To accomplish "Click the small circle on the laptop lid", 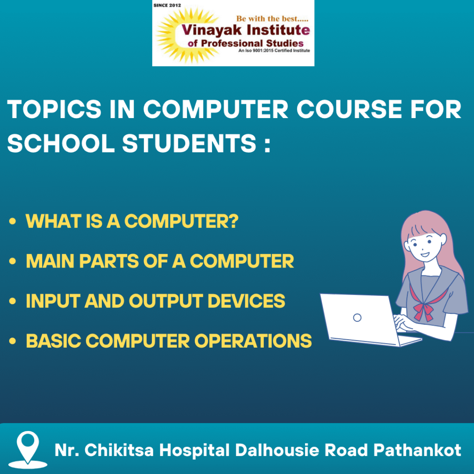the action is (x=357, y=318).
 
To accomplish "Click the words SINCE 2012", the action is (x=167, y=5).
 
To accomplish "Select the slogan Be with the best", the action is (x=272, y=19).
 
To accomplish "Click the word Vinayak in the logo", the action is (x=212, y=30).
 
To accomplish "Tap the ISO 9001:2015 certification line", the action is (x=274, y=50).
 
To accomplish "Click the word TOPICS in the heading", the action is (x=55, y=109).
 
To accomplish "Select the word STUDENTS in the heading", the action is (x=189, y=143).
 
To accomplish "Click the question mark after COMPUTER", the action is (x=233, y=221).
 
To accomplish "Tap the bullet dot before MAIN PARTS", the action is (x=12, y=261).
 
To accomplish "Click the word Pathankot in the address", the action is (x=417, y=450).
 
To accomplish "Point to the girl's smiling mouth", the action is (x=425, y=255).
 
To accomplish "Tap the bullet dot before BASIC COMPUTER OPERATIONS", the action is (x=12, y=341).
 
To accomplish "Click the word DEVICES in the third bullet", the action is (x=246, y=301).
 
